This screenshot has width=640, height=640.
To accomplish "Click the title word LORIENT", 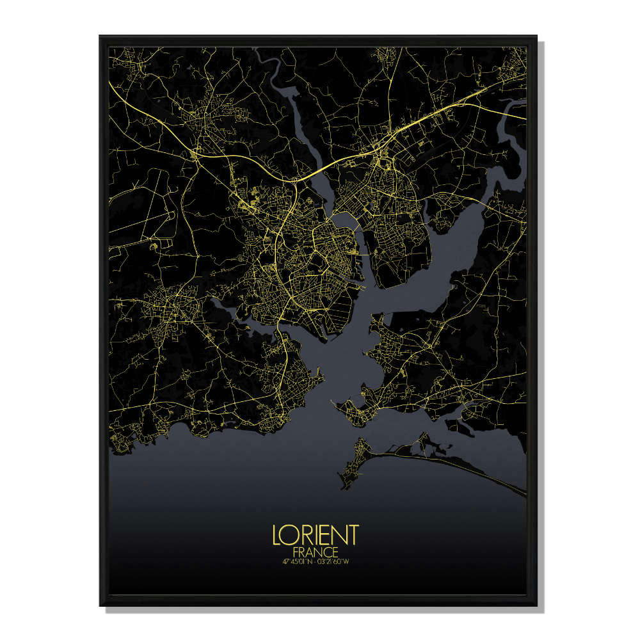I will (316, 534).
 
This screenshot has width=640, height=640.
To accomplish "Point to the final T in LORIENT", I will (353, 534).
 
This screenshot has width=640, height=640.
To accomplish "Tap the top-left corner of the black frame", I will (101, 37).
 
